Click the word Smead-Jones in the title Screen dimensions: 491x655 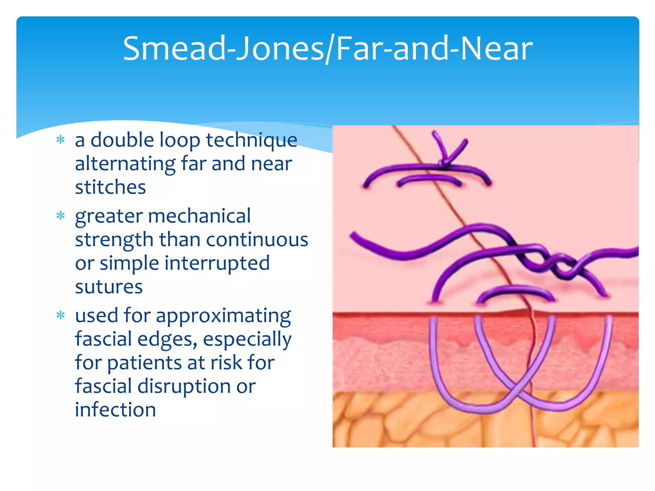224,49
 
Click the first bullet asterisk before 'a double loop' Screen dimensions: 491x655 60,140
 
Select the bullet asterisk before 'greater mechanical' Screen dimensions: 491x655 60,216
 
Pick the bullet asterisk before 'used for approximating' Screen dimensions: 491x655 60,316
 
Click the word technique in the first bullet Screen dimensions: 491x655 251,141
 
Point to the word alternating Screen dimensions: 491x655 125,164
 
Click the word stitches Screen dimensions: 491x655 110,187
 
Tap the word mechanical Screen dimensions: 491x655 199,216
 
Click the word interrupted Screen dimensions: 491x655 217,263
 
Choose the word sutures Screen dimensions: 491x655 109,287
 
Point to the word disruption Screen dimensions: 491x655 184,386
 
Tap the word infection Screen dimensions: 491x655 115,410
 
